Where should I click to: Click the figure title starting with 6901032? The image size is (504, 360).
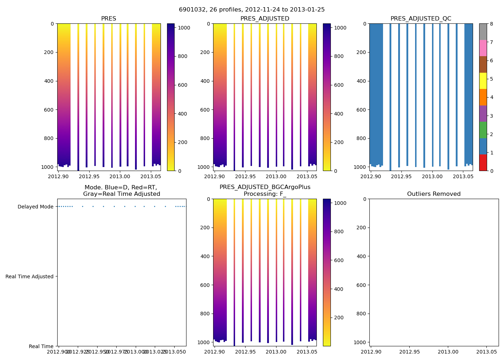[252, 10]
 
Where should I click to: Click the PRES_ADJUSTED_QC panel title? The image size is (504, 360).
[421, 19]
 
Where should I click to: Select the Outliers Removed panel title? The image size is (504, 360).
[434, 194]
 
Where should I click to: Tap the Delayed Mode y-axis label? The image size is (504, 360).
[35, 207]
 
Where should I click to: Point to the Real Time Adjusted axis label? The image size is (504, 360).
[30, 276]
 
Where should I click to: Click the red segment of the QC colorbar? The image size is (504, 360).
[483, 162]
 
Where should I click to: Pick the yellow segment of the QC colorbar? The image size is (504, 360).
[483, 81]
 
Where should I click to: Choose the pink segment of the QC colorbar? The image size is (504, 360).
[483, 48]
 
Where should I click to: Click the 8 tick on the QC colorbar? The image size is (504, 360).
[491, 24]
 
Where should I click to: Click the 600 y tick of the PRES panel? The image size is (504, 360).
[50, 110]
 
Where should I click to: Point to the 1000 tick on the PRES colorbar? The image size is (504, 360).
[182, 28]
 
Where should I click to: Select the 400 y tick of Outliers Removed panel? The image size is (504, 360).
[362, 256]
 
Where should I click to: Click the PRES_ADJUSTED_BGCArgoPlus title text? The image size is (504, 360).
[265, 187]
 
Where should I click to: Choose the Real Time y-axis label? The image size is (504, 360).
[41, 346]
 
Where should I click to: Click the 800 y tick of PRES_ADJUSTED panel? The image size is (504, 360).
[206, 138]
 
